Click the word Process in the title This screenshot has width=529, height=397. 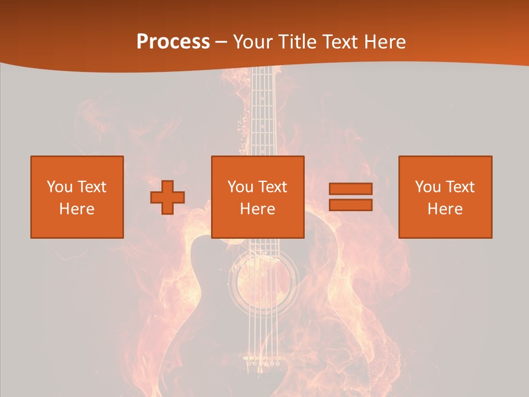[x=173, y=42]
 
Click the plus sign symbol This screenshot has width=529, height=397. [x=168, y=197]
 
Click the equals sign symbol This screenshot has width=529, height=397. [x=350, y=197]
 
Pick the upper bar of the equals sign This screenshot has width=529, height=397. [x=350, y=189]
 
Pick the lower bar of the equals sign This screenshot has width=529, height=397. [x=350, y=205]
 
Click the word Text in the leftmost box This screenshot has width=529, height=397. [x=91, y=187]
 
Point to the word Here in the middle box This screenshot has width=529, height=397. [x=257, y=209]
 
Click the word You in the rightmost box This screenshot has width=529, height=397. [x=428, y=187]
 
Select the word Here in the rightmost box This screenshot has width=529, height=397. [x=445, y=209]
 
